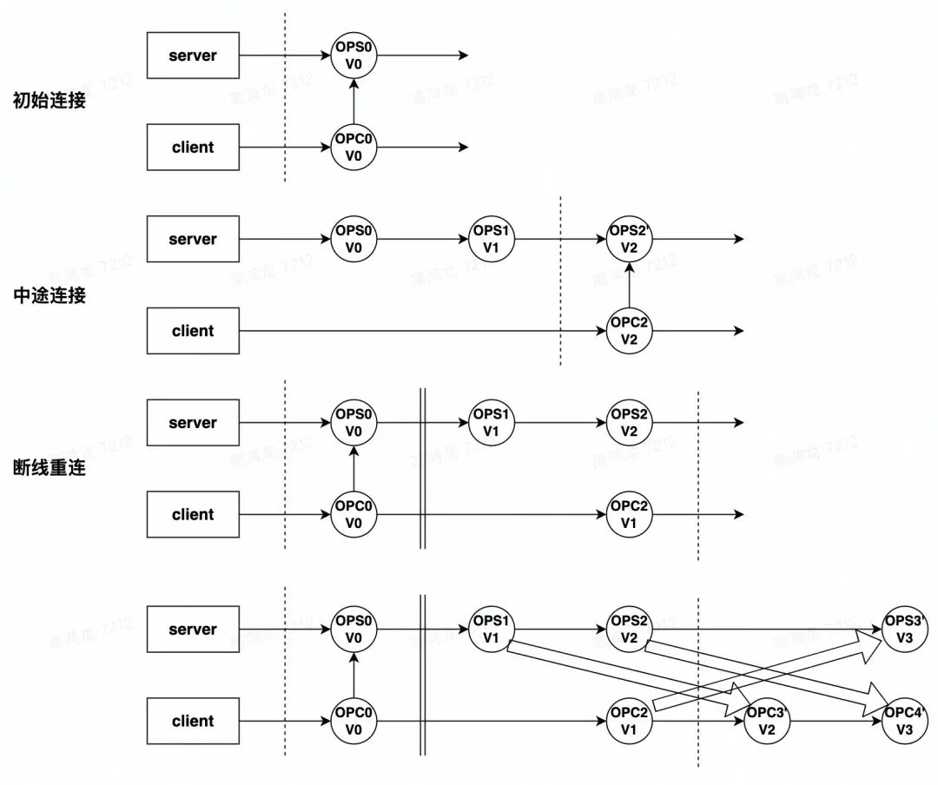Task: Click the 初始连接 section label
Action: click(x=50, y=101)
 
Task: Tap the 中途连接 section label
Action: click(x=50, y=295)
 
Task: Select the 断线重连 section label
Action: click(x=50, y=470)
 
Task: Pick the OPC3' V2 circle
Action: click(x=767, y=722)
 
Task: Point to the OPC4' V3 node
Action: click(x=904, y=722)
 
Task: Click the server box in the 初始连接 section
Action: click(x=193, y=56)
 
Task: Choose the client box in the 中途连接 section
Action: click(x=193, y=331)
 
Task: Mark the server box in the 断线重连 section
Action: click(x=193, y=423)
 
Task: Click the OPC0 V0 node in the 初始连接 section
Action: click(x=353, y=148)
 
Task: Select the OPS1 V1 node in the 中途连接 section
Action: click(x=492, y=240)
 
